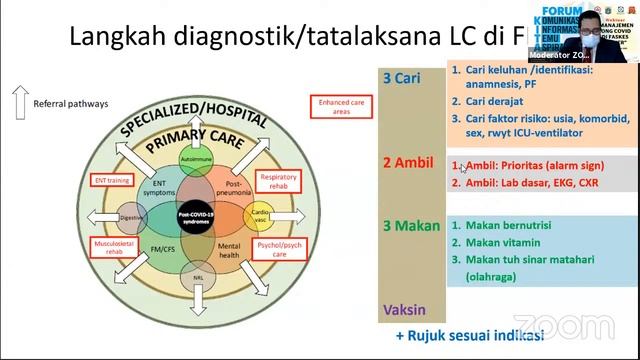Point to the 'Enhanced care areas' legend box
[335, 107]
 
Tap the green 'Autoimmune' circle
[196, 160]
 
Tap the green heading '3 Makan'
[408, 226]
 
